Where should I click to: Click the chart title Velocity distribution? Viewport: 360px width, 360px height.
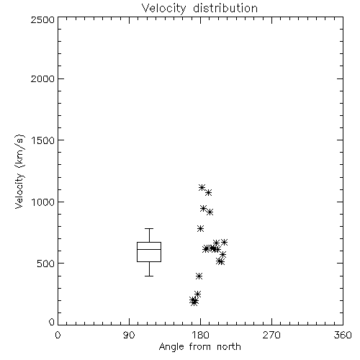tap(199, 8)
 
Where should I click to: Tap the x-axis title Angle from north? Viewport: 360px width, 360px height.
tap(199, 347)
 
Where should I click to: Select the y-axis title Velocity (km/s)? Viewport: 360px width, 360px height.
tap(19, 171)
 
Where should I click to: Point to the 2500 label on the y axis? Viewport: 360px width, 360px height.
tap(42, 19)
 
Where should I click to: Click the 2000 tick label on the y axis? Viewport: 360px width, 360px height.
tap(42, 78)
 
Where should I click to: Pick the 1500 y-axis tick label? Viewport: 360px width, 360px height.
tap(43, 140)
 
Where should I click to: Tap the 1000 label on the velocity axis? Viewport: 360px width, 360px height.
tap(43, 202)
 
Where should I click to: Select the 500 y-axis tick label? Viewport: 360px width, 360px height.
tap(46, 264)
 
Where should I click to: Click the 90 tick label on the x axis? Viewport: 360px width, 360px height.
tap(129, 335)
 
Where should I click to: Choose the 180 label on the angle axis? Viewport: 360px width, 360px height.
tap(200, 335)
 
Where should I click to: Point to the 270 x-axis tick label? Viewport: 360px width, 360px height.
tap(271, 335)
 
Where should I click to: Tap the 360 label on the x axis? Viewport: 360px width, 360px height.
tap(343, 335)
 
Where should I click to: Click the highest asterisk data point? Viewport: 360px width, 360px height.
tap(202, 187)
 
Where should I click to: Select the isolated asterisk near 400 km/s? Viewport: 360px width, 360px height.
tap(199, 276)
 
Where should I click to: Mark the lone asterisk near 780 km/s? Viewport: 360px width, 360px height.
tap(201, 228)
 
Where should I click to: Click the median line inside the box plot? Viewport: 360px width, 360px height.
tap(149, 249)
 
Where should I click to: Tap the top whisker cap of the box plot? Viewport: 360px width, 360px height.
tap(149, 228)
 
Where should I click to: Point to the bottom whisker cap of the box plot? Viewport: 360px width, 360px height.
tap(149, 276)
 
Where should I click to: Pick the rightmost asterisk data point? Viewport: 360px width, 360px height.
tap(224, 242)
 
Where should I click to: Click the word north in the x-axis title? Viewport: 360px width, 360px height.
tap(229, 347)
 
